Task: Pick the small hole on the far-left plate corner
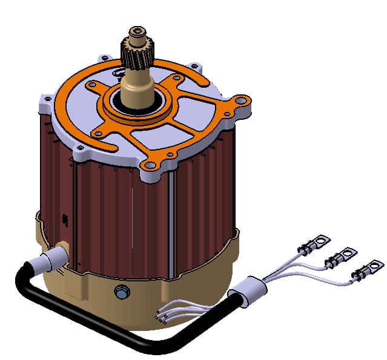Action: [x=44, y=97]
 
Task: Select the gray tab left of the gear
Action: [x=107, y=58]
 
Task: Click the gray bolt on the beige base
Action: [x=120, y=293]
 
